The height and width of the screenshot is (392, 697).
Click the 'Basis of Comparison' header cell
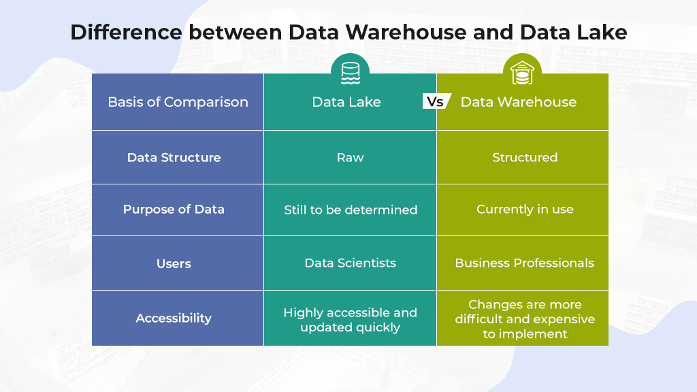pos(178,102)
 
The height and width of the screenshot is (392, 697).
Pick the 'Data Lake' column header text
pos(346,102)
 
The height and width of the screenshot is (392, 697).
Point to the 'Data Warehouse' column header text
pos(519,102)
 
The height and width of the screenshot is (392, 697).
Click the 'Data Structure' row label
pos(174,157)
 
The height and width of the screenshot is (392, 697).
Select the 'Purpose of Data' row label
pos(174,210)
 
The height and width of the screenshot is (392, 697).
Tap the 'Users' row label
pos(174,263)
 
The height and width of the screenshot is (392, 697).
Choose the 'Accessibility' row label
pos(174,318)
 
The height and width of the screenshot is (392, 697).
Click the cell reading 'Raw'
pos(350,157)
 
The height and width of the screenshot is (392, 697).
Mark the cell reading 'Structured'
pos(525,157)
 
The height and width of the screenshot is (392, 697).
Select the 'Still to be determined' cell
pos(351,210)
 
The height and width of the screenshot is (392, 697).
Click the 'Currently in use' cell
pos(525,210)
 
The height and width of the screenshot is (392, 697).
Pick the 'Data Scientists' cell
pos(350,263)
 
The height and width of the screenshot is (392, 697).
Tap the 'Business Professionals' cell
pos(524,263)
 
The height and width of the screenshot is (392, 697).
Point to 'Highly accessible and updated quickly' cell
pos(350,320)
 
